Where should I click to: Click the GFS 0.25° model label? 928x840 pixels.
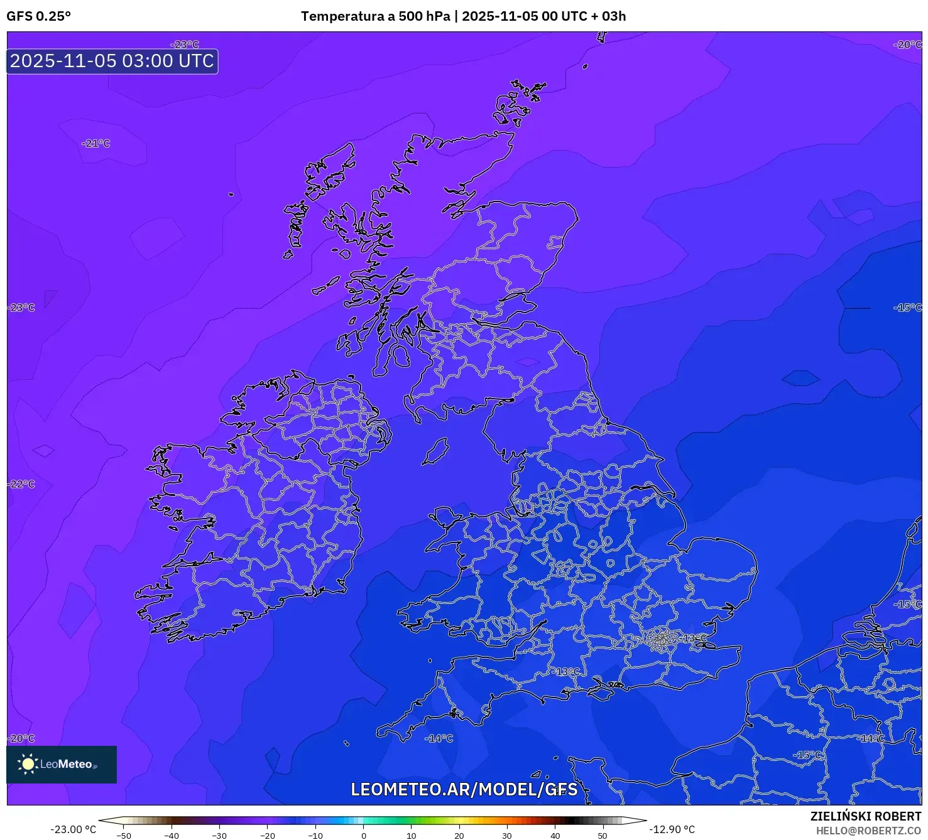pos(38,16)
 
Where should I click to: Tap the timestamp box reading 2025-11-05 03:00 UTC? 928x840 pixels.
pos(112,62)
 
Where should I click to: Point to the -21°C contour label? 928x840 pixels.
pos(96,144)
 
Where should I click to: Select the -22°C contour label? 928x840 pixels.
pos(22,484)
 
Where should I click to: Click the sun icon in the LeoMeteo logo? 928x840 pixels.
pos(28,763)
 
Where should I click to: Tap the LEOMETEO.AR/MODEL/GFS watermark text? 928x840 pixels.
pos(464,789)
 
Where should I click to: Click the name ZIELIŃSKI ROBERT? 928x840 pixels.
pos(865,817)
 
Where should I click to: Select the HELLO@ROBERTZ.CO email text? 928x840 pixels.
pos(868,831)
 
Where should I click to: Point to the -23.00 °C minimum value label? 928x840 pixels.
pos(73,829)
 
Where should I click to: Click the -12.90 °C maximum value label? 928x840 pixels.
pos(672,829)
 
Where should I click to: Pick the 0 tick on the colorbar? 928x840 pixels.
pos(363,835)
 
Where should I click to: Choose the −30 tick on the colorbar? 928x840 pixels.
pos(219,835)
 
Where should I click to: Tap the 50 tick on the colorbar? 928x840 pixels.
pos(603,835)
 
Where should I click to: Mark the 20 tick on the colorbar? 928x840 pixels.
pos(459,835)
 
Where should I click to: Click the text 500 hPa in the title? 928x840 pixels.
pos(424,16)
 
